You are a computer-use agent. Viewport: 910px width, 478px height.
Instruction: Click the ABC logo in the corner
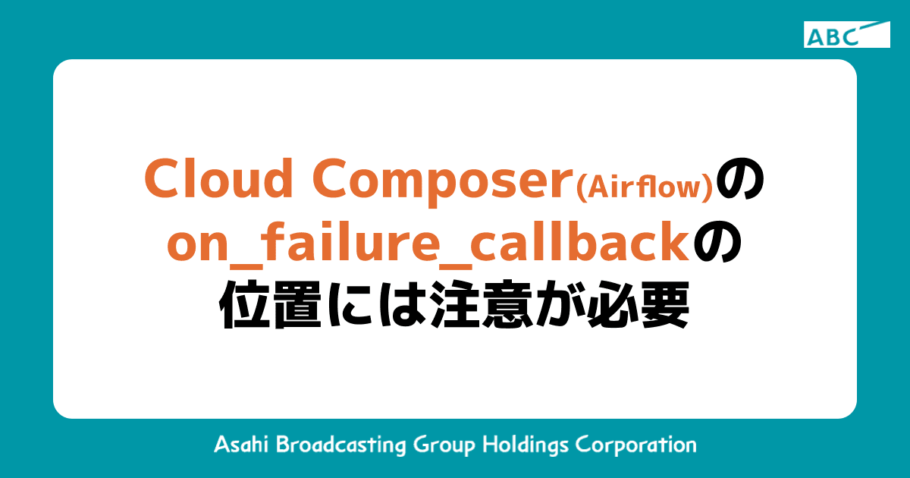[x=846, y=35]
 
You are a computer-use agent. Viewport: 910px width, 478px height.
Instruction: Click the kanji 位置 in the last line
[x=265, y=306]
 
